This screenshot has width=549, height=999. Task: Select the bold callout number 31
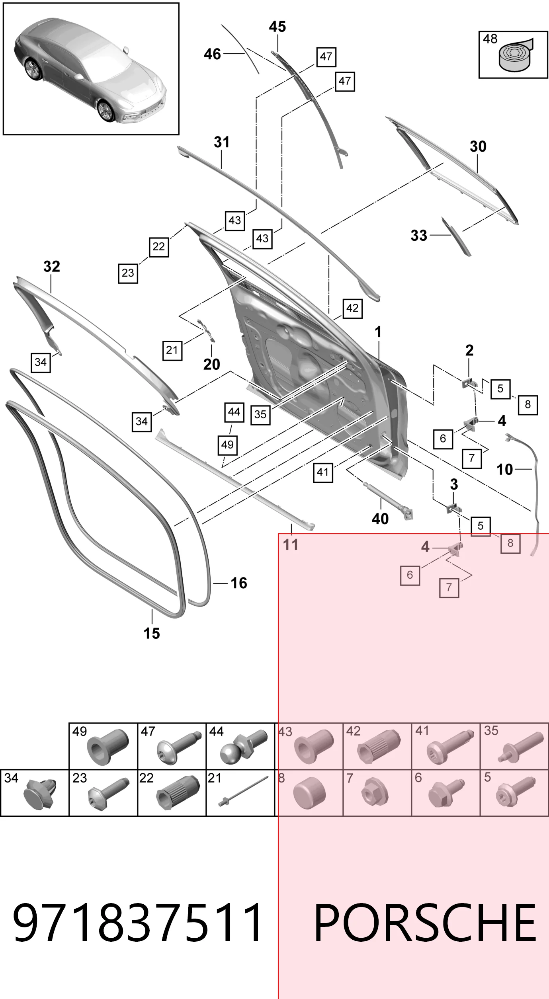(x=222, y=142)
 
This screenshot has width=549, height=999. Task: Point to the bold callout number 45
(x=277, y=27)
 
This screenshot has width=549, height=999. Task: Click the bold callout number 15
(x=152, y=633)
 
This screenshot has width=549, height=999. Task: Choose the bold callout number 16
(x=239, y=583)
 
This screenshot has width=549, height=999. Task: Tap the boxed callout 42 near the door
(x=352, y=308)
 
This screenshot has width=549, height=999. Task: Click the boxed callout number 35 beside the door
(x=260, y=414)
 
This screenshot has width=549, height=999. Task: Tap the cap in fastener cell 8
(x=309, y=793)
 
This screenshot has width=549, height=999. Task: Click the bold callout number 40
(x=380, y=519)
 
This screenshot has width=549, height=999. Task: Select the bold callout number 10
(x=505, y=470)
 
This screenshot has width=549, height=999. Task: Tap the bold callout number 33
(x=419, y=236)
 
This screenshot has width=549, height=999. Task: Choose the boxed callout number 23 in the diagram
(x=128, y=273)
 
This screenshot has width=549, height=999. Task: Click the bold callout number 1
(x=378, y=332)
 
